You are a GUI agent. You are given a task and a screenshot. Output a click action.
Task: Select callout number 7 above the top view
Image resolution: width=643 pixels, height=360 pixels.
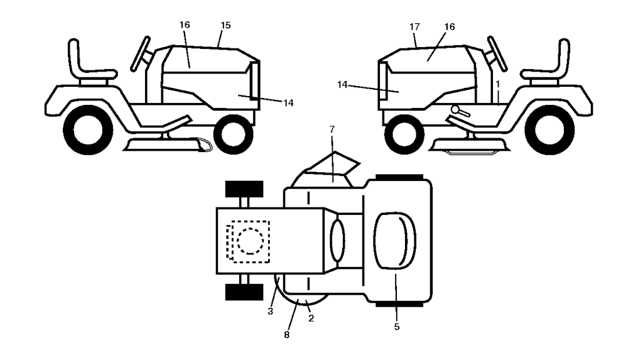point(332,129)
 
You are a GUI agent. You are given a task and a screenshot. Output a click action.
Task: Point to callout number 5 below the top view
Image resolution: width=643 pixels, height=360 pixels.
point(397,327)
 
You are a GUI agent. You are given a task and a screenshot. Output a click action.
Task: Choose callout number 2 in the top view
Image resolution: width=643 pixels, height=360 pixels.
point(311,319)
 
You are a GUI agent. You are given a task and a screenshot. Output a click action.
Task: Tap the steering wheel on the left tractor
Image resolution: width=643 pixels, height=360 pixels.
point(141,53)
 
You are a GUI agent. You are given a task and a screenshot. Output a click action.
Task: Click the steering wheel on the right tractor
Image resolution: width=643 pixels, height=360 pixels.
point(497,53)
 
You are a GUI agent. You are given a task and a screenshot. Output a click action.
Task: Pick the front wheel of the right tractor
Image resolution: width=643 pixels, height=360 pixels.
point(404,133)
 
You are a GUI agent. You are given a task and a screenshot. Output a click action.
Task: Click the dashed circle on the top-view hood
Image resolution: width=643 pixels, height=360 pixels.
point(249,241)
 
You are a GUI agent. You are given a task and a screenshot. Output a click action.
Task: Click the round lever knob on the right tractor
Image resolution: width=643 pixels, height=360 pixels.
point(455,111)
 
